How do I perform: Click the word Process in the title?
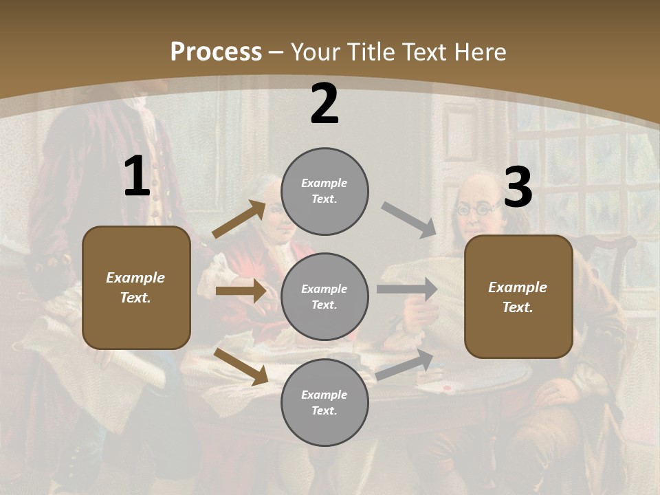click(x=216, y=52)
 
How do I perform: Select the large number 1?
click(x=137, y=177)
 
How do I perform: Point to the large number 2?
click(x=324, y=104)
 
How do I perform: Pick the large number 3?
click(x=518, y=188)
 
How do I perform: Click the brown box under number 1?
click(x=136, y=287)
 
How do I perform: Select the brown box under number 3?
click(x=518, y=296)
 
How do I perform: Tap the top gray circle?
click(x=324, y=191)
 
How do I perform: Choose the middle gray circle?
click(x=324, y=296)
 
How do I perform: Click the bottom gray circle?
click(x=324, y=402)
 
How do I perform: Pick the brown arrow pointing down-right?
click(x=241, y=366)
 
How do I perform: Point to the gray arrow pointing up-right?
click(x=405, y=365)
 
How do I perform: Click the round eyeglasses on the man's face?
click(x=476, y=208)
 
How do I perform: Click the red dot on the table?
click(x=448, y=388)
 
